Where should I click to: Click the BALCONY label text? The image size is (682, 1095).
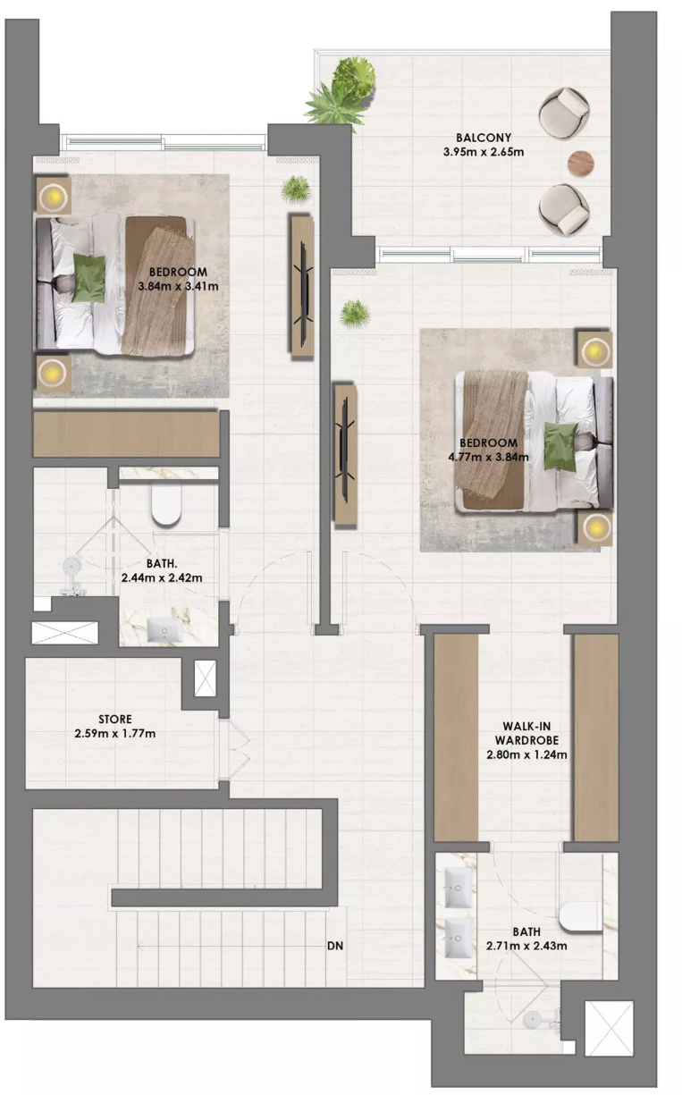pos(484,138)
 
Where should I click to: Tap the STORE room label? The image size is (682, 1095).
pos(115,719)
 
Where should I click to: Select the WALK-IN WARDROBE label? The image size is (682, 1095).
pos(526,733)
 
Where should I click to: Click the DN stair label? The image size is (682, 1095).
pos(335,946)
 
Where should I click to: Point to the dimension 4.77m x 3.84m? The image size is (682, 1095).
pos(488,457)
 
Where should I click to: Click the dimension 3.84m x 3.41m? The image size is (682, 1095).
pos(178,286)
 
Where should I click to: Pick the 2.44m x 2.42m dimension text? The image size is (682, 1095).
pos(162,577)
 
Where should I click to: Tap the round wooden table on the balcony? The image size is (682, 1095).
pos(582,163)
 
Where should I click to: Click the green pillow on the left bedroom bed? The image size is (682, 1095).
pos(89,279)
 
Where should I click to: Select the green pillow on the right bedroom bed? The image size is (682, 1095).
pos(560,447)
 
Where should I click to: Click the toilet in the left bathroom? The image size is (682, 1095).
pos(167,504)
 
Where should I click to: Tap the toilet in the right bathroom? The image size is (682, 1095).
pos(580,916)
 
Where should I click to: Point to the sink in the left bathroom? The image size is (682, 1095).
pos(165,630)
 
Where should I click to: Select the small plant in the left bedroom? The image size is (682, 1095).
pos(296,190)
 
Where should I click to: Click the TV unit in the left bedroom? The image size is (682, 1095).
pos(302,287)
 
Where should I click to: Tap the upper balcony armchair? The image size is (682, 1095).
pos(564,113)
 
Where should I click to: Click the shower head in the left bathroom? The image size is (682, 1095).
pos(72,567)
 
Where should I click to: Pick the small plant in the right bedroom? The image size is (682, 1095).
pos(355,314)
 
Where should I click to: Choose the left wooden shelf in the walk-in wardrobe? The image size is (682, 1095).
pos(456,738)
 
